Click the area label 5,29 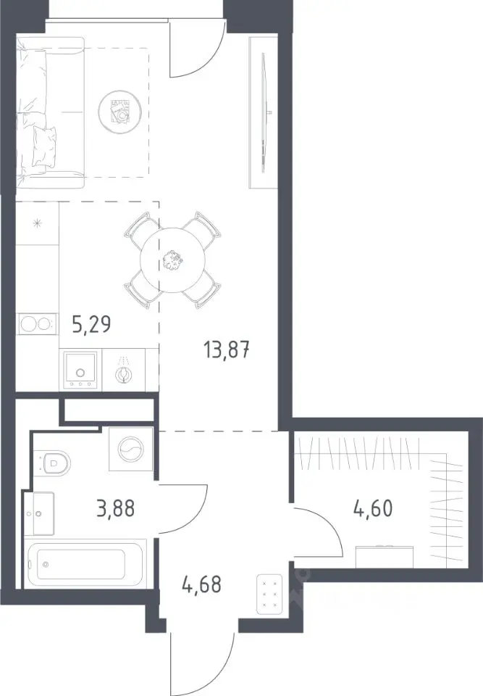pyautogui.click(x=91, y=325)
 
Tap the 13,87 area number pyautogui.click(x=227, y=351)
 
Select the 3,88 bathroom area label pyautogui.click(x=115, y=508)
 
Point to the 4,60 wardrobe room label pyautogui.click(x=373, y=508)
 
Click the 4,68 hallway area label pyautogui.click(x=201, y=584)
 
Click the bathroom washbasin pyautogui.click(x=40, y=513)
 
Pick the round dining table pyautogui.click(x=173, y=260)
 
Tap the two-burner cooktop pyautogui.click(x=38, y=323)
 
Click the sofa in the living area pyautogui.click(x=50, y=112)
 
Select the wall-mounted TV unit pyautogui.click(x=263, y=112)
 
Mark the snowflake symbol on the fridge pyautogui.click(x=37, y=223)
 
